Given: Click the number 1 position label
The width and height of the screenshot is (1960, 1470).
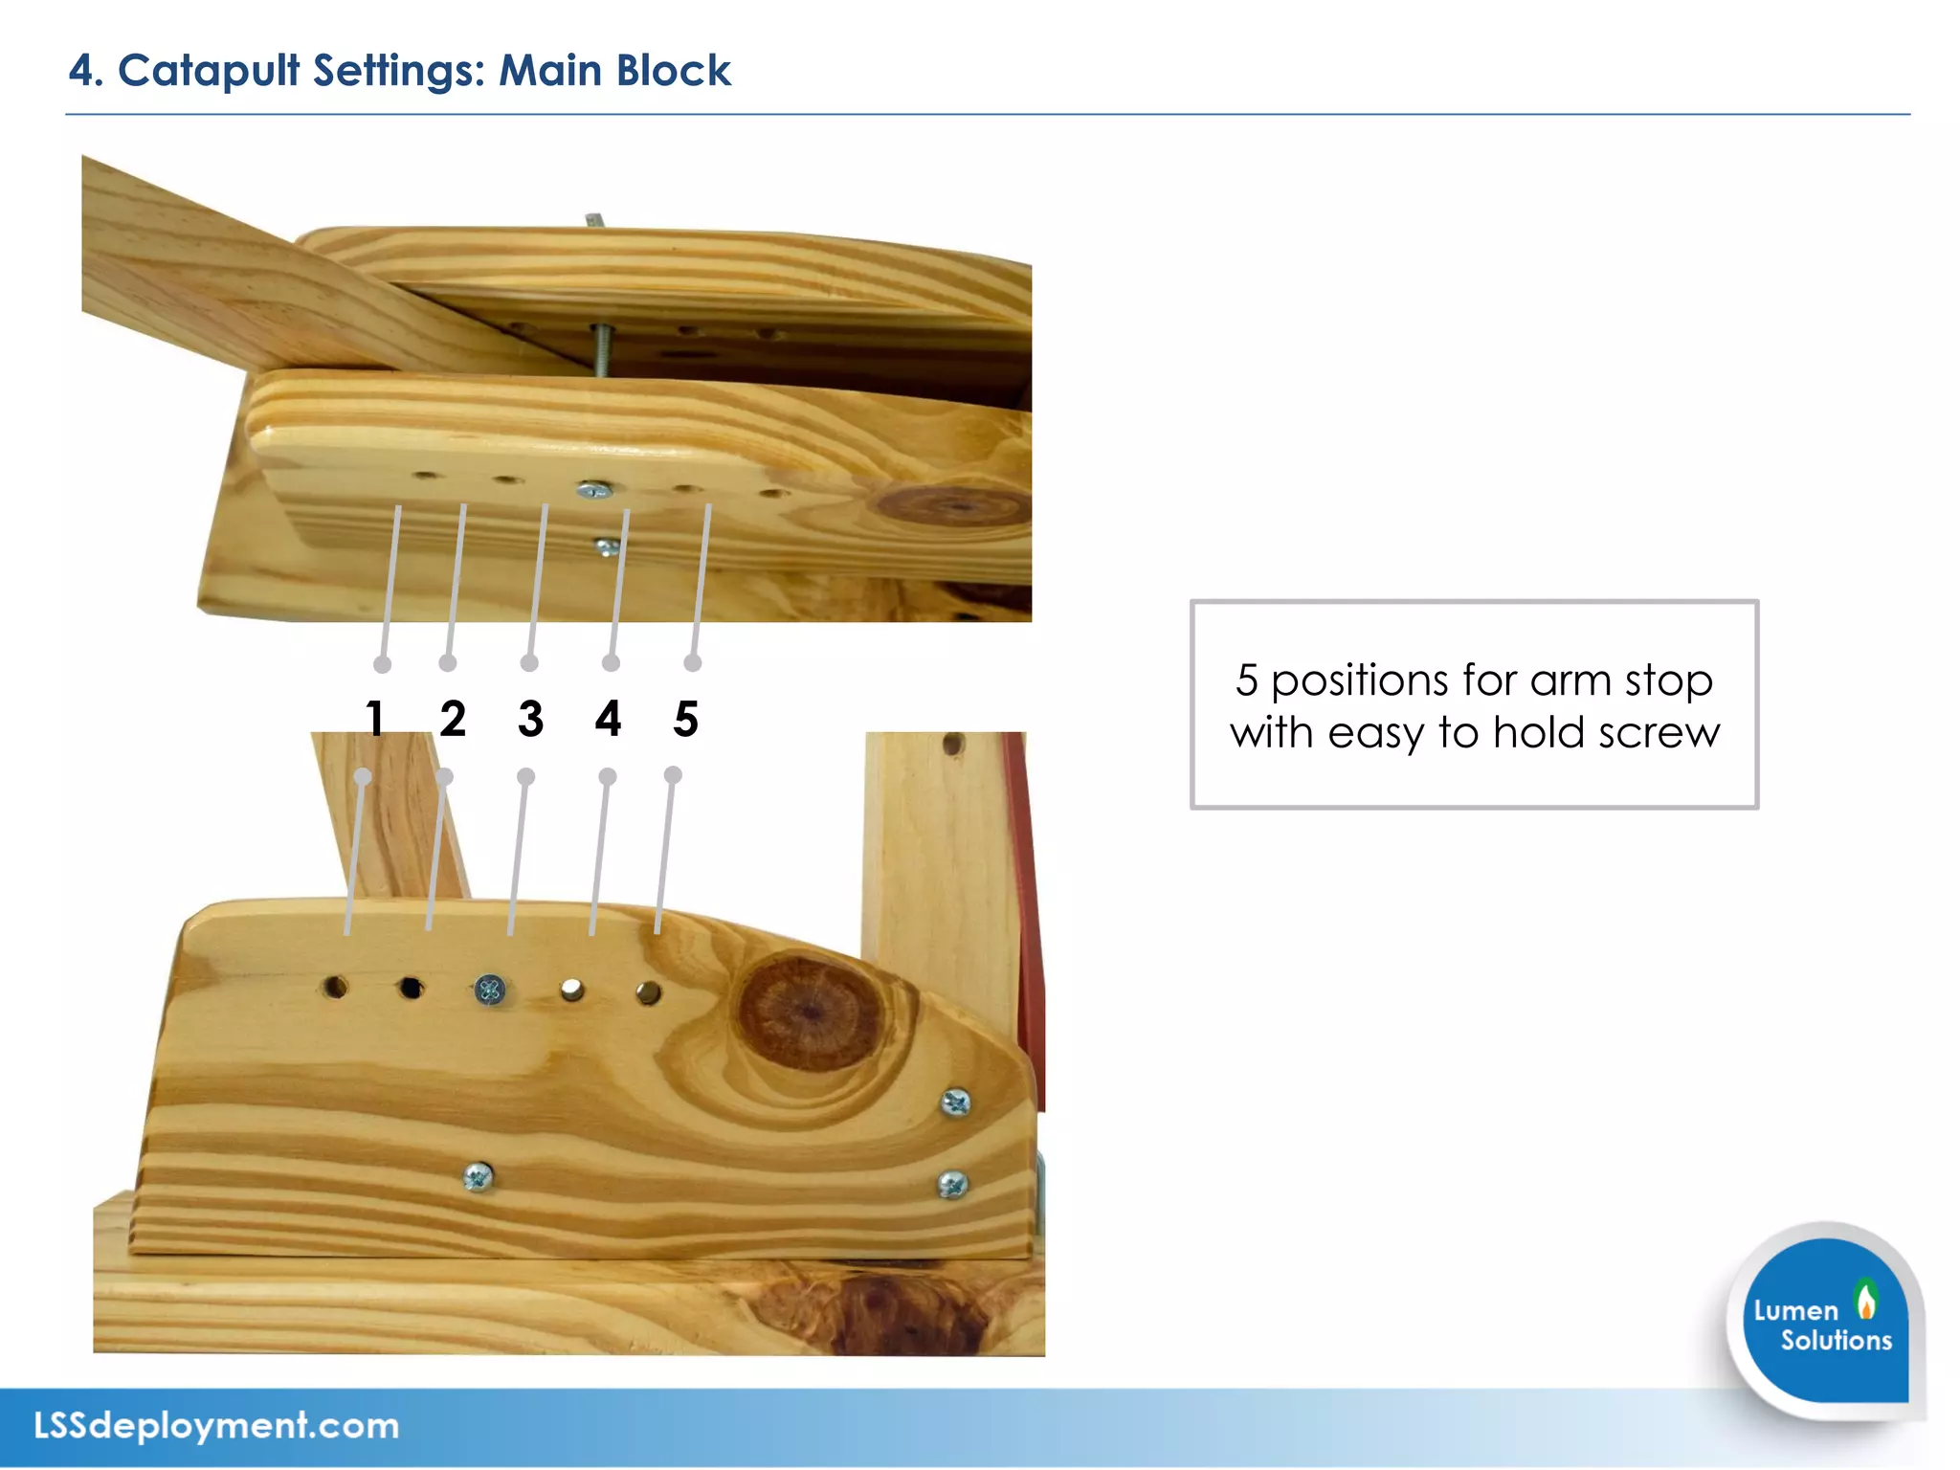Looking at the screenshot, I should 375,718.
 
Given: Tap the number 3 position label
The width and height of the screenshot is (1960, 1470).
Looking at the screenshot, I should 530,718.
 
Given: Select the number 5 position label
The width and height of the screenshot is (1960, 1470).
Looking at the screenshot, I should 685,718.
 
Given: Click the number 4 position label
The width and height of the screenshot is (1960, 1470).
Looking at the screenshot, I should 608,718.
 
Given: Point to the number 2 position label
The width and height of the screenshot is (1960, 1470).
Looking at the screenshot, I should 453,718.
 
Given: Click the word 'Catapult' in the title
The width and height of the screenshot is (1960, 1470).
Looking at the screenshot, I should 208,71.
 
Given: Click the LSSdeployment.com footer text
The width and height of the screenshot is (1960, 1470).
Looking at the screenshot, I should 216,1425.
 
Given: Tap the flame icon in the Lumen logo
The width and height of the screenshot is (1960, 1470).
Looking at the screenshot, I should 1865,1300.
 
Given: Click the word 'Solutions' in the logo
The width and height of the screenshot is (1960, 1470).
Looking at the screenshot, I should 1836,1340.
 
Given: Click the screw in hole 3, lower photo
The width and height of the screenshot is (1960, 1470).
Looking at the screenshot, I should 490,990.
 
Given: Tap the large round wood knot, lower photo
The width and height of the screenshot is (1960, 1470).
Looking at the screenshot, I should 810,1012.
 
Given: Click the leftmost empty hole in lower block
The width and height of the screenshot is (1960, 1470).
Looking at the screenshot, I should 335,986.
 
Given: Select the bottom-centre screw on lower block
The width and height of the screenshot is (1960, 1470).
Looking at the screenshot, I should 478,1176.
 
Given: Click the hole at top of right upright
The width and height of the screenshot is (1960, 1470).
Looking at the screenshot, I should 952,744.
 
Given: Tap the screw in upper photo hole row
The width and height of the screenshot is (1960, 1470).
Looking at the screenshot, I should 594,491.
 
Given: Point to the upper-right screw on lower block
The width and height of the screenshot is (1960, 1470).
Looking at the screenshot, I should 955,1103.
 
